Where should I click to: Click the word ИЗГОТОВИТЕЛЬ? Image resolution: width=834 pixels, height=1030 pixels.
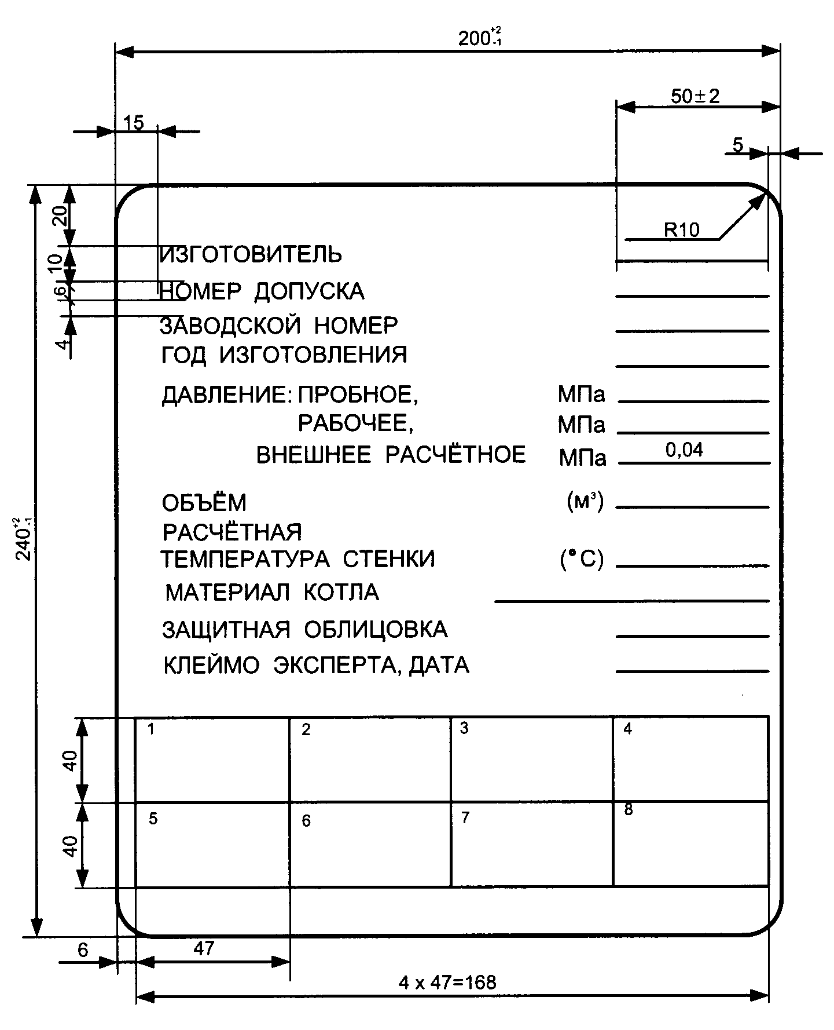click(x=251, y=254)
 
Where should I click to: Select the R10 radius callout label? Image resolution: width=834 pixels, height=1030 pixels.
click(x=681, y=230)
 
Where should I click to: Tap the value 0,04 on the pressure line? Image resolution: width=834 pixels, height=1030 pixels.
click(x=684, y=450)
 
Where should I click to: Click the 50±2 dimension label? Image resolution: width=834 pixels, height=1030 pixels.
click(x=695, y=96)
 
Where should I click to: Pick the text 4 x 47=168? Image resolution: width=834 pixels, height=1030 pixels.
click(x=447, y=982)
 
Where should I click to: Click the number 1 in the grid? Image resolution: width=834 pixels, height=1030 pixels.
click(x=151, y=729)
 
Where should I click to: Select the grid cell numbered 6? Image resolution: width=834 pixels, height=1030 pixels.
click(x=370, y=843)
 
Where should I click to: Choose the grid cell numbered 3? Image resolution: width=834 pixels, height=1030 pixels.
click(x=531, y=759)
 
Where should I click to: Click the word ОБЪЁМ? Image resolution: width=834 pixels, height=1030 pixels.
click(x=204, y=503)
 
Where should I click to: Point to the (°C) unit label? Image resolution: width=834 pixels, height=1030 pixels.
click(x=582, y=560)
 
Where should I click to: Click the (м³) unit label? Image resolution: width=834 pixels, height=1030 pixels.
click(x=585, y=502)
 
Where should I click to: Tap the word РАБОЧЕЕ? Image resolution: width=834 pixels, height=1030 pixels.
click(x=355, y=424)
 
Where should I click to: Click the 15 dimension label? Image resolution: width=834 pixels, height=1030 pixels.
click(x=134, y=123)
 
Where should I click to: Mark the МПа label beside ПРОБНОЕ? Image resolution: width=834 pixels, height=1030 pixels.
click(x=581, y=395)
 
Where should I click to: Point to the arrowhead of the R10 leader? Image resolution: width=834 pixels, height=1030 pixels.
click(x=762, y=198)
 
